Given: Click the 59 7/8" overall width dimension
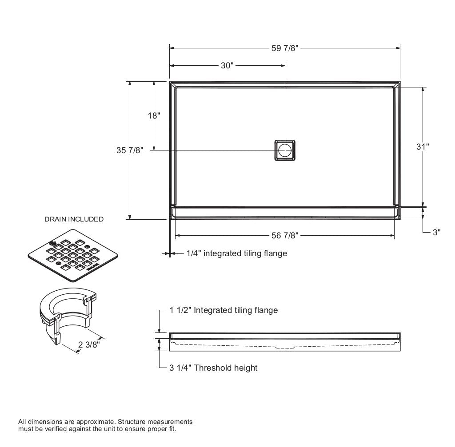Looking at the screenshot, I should [284, 48].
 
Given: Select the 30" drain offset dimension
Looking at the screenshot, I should [227, 66].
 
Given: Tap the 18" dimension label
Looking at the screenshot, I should [154, 115].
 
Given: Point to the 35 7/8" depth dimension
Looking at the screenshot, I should [130, 150].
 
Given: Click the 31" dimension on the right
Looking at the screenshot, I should [423, 146].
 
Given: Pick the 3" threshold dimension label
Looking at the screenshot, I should [436, 232].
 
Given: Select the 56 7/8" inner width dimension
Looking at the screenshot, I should [285, 235].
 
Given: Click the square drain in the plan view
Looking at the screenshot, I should [285, 150].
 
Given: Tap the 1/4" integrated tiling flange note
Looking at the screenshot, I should [236, 253].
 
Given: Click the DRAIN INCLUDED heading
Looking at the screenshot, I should [74, 219].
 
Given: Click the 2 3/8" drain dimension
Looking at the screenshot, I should [89, 344].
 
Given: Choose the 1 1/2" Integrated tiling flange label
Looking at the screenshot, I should [224, 310].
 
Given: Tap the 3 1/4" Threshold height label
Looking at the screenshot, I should [213, 368].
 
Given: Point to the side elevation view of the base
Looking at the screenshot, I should [285, 341].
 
